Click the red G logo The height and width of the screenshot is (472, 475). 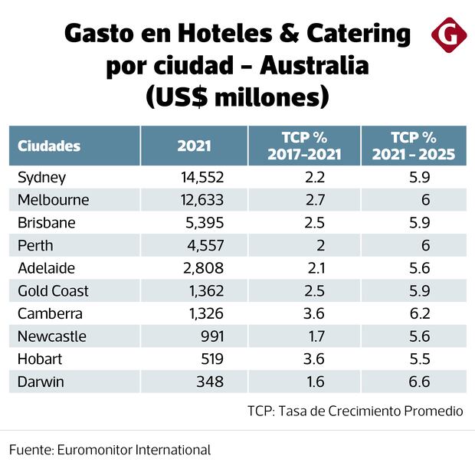click(x=449, y=34)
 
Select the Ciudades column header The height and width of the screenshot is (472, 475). click(x=49, y=146)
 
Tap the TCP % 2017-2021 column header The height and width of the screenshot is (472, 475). click(x=304, y=146)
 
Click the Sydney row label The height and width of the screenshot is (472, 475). click(x=42, y=178)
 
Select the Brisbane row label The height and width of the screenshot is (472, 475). click(x=46, y=223)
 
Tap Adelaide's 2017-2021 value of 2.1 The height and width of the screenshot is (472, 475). click(x=316, y=268)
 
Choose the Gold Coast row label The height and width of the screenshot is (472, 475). click(x=53, y=291)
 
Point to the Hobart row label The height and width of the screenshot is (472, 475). click(x=40, y=359)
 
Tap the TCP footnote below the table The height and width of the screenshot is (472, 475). click(x=355, y=411)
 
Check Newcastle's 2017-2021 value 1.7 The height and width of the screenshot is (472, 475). click(x=316, y=336)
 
